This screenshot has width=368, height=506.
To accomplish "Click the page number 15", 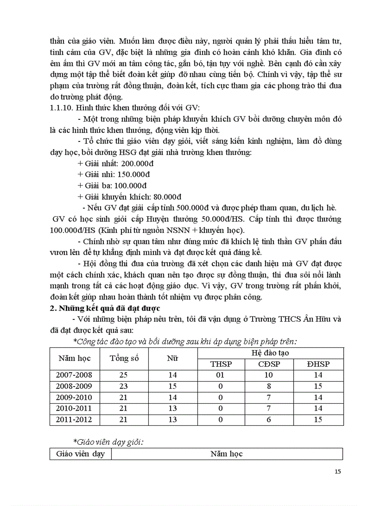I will (339, 472).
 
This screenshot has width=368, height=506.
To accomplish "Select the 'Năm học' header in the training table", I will (74, 358).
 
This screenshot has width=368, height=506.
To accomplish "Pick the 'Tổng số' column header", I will (124, 358).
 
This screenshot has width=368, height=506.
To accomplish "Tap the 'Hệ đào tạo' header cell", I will (270, 353).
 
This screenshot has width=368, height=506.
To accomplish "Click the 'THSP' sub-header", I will (221, 364).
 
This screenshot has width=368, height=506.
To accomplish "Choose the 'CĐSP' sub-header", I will (269, 364).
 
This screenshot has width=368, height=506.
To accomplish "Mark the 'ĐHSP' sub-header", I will (318, 364).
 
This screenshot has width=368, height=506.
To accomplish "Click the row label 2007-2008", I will (74, 375).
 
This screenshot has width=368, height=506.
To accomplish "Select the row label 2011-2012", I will (74, 419).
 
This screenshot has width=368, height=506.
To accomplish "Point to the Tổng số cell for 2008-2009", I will (124, 386).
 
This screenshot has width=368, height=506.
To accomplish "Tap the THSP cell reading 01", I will (221, 375).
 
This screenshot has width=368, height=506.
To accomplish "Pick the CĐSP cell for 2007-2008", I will (269, 375).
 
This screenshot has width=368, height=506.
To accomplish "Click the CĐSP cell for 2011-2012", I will (269, 419).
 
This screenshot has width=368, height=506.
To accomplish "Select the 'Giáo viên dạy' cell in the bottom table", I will (80, 453).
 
